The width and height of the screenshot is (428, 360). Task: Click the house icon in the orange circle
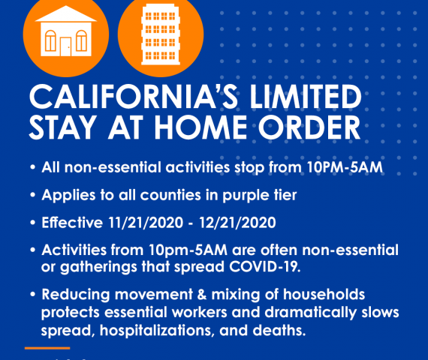click(66, 31)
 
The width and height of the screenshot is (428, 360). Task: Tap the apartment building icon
click(161, 34)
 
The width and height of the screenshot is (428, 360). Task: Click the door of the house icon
click(65, 46)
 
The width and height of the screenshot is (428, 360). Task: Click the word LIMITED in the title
click(306, 97)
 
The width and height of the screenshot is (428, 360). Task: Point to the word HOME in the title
click(200, 127)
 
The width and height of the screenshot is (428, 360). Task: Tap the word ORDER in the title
click(309, 127)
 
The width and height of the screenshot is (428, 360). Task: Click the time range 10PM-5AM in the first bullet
click(345, 167)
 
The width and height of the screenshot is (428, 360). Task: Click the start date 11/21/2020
click(146, 223)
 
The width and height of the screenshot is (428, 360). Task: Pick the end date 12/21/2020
click(237, 223)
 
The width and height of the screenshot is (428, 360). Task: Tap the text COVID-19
click(264, 266)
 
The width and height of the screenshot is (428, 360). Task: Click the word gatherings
click(98, 267)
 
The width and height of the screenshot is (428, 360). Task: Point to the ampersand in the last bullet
click(202, 295)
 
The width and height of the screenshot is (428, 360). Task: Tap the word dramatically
click(311, 313)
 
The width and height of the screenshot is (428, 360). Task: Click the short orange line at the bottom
click(47, 348)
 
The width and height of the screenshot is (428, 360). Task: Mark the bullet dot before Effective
click(33, 223)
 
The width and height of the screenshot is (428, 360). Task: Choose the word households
click(324, 295)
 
